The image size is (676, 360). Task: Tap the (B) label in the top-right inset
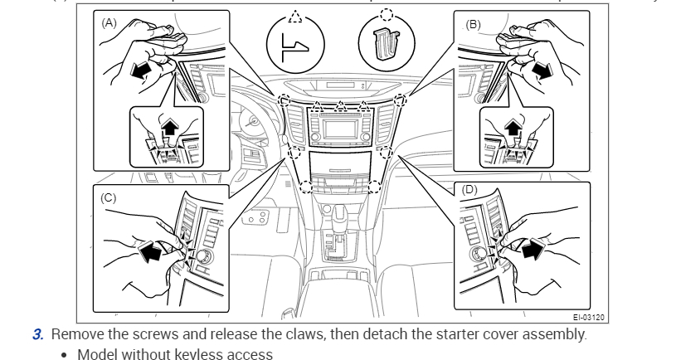click(x=474, y=24)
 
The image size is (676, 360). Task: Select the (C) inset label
click(x=109, y=199)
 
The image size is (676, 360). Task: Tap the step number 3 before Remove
click(x=37, y=335)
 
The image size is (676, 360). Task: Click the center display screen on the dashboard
click(x=341, y=128)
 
